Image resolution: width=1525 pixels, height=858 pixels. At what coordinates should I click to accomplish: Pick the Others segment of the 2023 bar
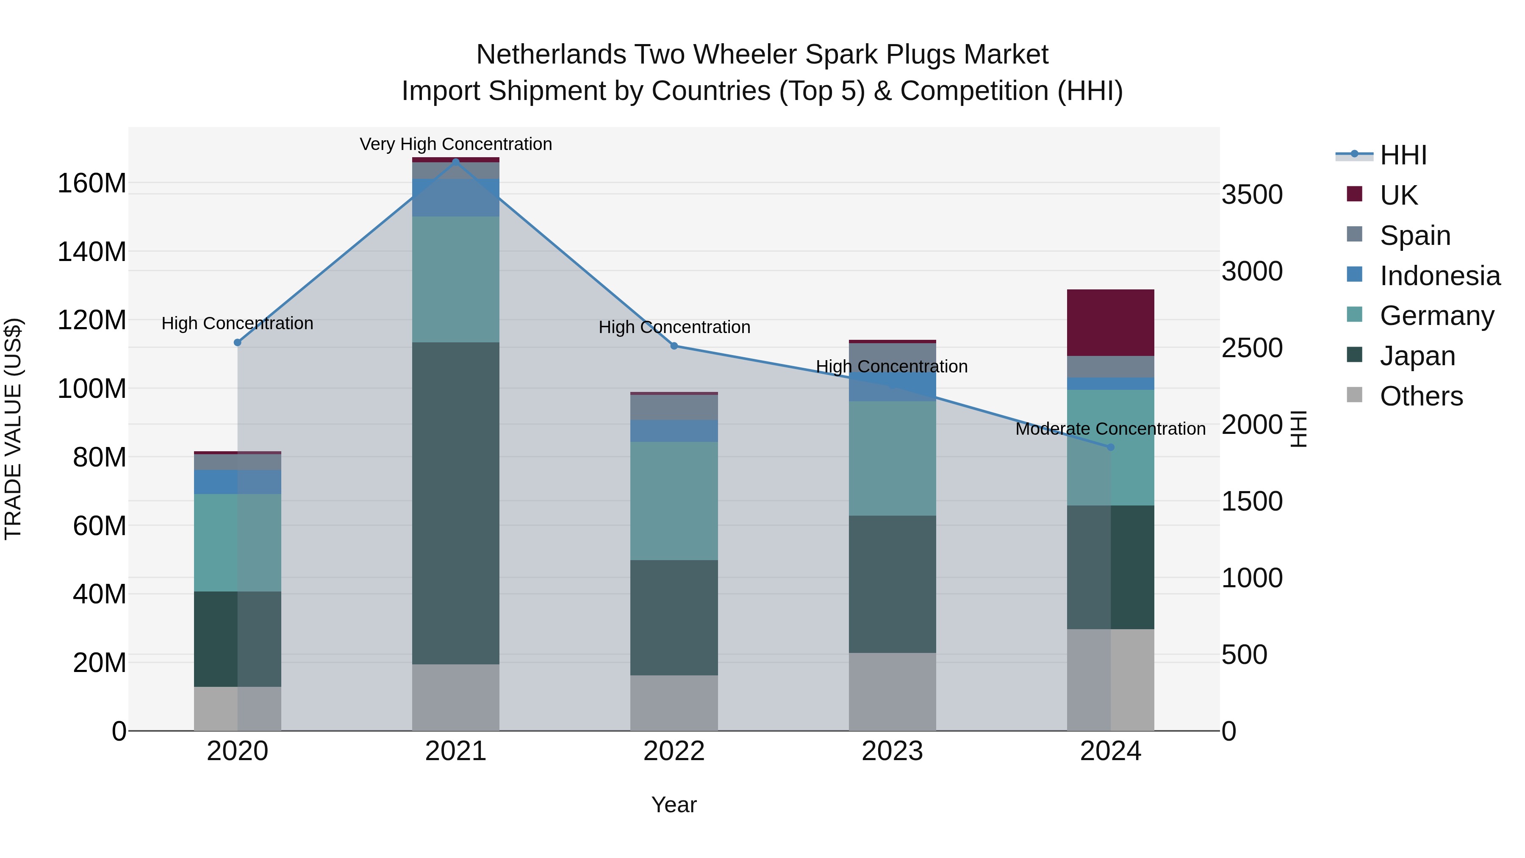coord(892,691)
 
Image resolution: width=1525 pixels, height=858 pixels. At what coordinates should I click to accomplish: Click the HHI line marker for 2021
coord(455,162)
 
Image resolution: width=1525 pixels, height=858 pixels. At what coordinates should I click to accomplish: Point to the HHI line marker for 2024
coord(1111,447)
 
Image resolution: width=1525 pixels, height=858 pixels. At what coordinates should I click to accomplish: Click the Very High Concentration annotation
coord(455,144)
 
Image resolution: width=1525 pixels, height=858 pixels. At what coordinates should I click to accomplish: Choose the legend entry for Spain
coord(1415,235)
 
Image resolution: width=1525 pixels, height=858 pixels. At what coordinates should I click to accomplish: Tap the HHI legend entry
coord(1403,155)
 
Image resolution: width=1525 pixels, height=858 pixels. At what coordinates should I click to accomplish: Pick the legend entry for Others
coord(1421,396)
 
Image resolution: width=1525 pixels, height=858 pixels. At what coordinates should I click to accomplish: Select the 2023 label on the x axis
coord(892,751)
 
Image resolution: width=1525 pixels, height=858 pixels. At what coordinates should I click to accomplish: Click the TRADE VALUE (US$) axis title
coord(14,429)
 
